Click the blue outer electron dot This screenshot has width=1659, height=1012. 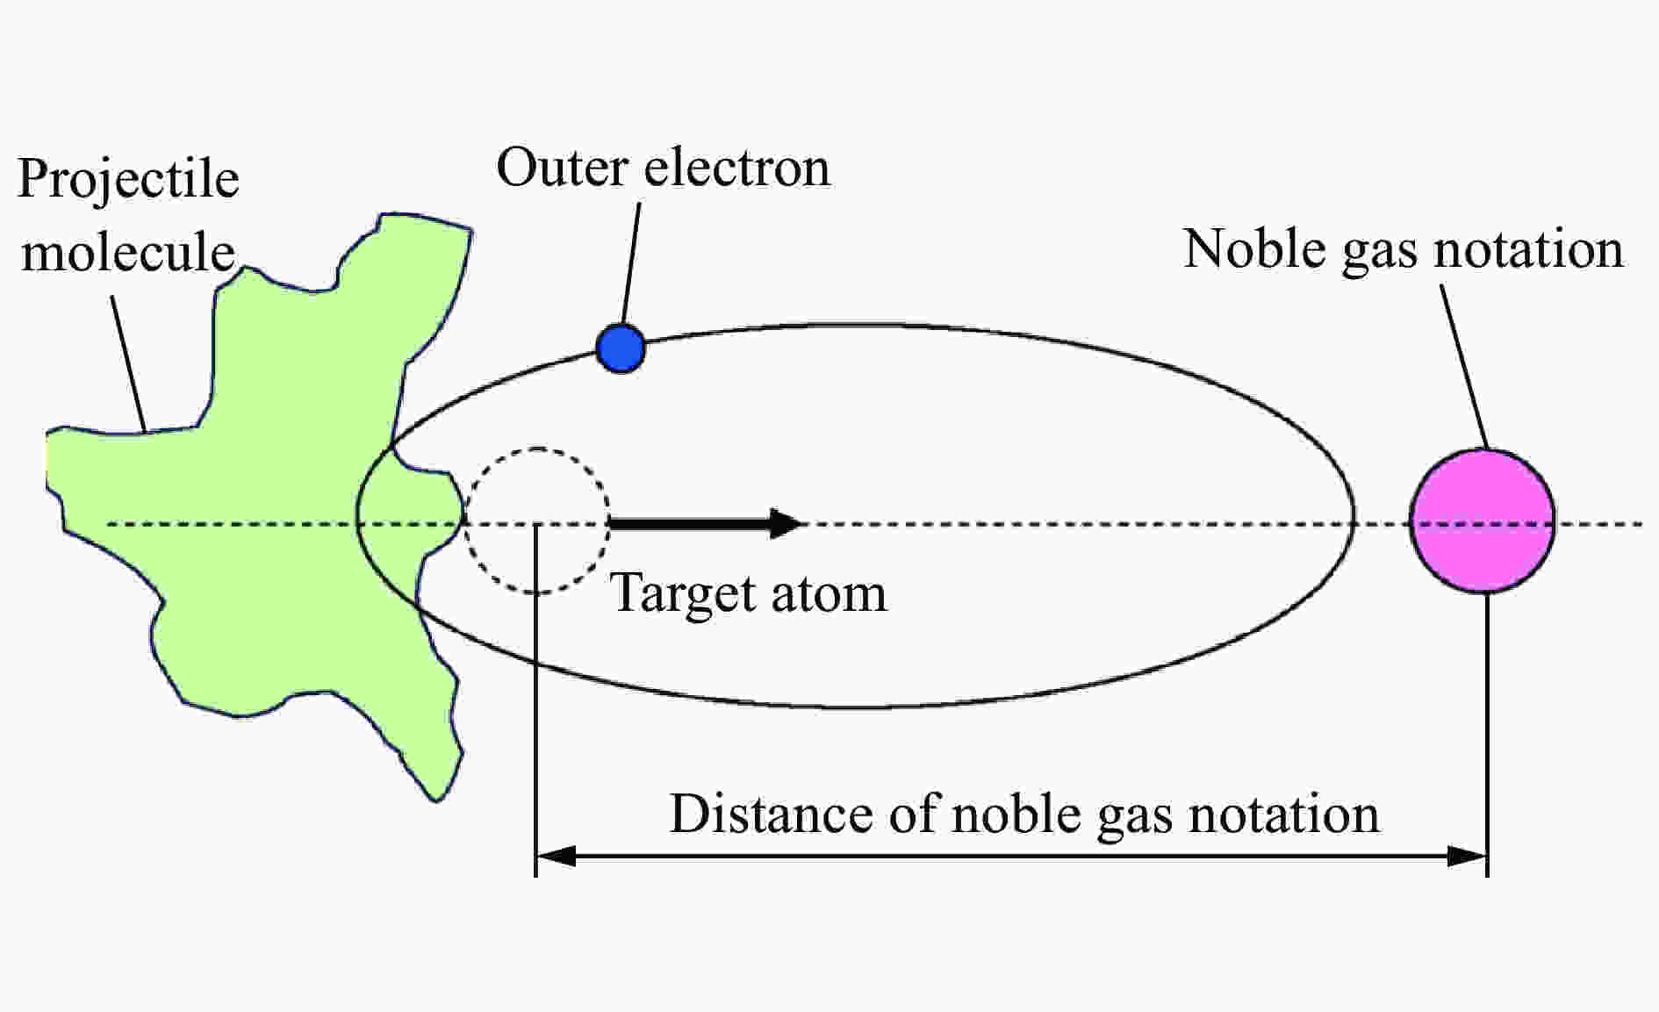click(x=621, y=348)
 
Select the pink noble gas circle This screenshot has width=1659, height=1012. click(x=1483, y=521)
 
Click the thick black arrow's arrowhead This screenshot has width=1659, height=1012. click(x=786, y=523)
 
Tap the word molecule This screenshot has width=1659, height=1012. click(x=128, y=253)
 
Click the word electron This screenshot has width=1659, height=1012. click(x=736, y=167)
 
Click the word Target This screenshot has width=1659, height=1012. click(x=679, y=594)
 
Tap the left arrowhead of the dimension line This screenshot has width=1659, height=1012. click(x=555, y=855)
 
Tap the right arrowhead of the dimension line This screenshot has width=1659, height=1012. click(x=1468, y=855)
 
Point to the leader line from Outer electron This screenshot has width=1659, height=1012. click(x=630, y=263)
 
